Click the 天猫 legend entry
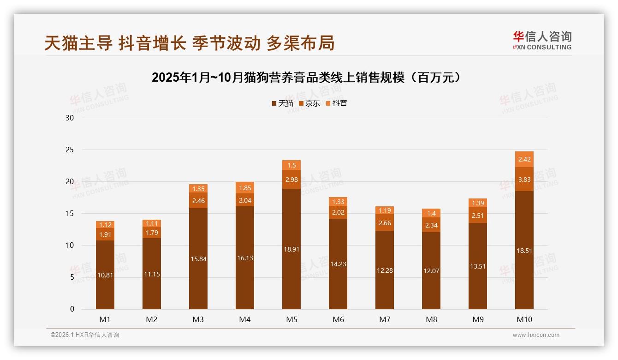[x=283, y=103]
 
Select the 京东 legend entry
[x=309, y=103]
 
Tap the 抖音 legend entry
[x=337, y=103]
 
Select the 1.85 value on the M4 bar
[x=245, y=188]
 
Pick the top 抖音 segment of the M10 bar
[x=524, y=159]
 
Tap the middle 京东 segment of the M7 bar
[x=385, y=222]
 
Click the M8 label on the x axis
[x=431, y=319]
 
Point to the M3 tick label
[x=198, y=319]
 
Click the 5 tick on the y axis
[x=71, y=277]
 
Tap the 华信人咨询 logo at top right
[x=542, y=40]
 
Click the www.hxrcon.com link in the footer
[x=536, y=335]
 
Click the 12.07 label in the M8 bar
[x=431, y=271]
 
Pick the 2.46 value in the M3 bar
[x=198, y=201]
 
